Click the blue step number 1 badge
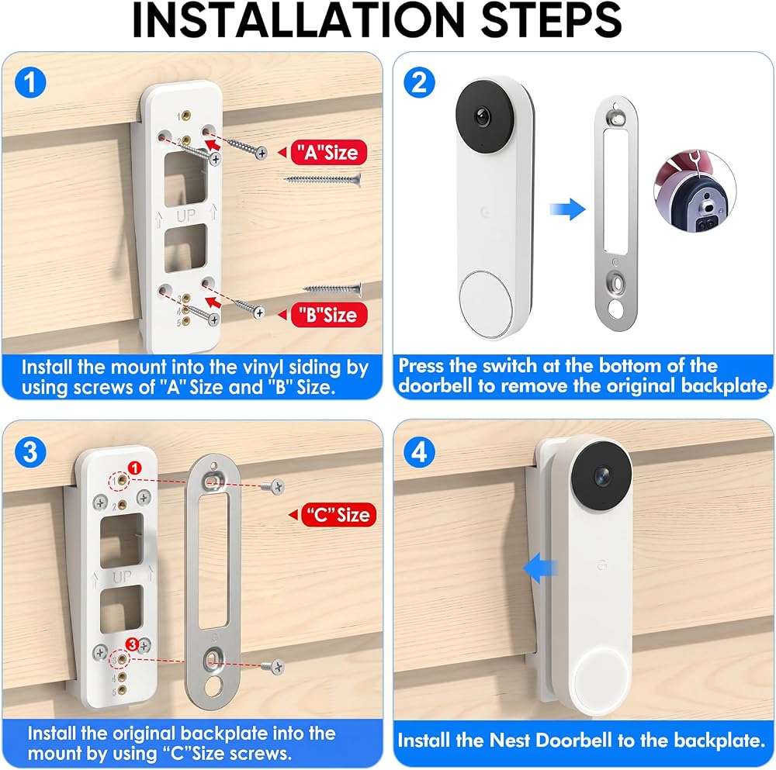(x=30, y=82)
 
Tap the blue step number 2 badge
(x=419, y=82)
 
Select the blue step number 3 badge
(x=30, y=452)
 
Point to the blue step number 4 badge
(x=419, y=452)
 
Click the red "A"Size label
(x=328, y=152)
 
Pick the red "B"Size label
(x=328, y=315)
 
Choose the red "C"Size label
(x=338, y=515)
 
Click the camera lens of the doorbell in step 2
(x=482, y=117)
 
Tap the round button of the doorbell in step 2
(x=486, y=304)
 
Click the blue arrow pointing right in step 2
(x=567, y=209)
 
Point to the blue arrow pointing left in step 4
(x=540, y=568)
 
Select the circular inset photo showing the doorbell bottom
(x=695, y=191)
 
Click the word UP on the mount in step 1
(x=185, y=216)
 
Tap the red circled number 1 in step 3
(x=134, y=468)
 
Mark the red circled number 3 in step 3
(x=132, y=644)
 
